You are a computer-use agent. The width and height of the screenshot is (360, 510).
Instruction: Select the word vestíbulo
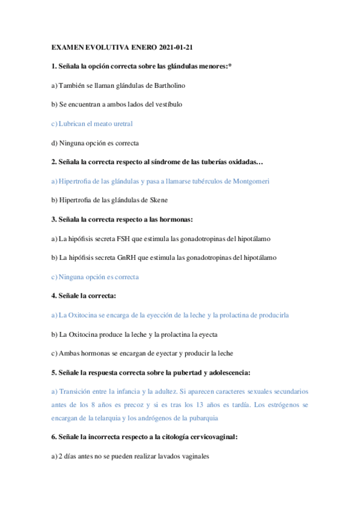(168, 104)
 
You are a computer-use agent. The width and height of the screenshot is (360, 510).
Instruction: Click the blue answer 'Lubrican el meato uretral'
(93, 123)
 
